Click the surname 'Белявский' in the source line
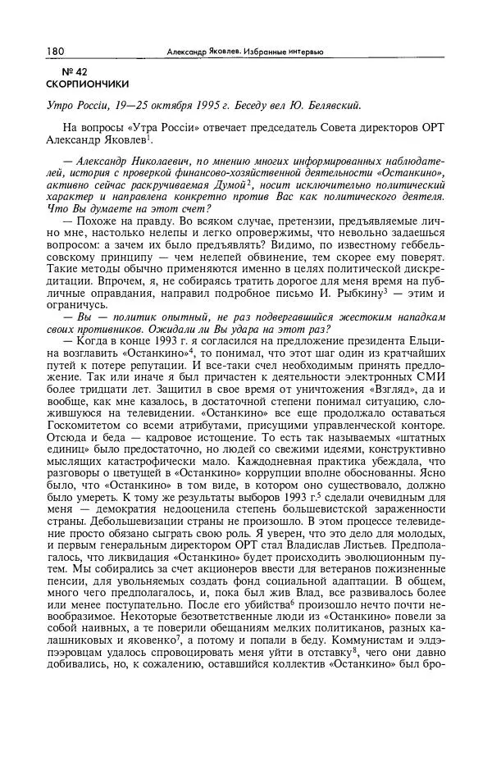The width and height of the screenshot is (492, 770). coord(329,105)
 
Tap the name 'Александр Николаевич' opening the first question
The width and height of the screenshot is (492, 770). coord(121,159)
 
